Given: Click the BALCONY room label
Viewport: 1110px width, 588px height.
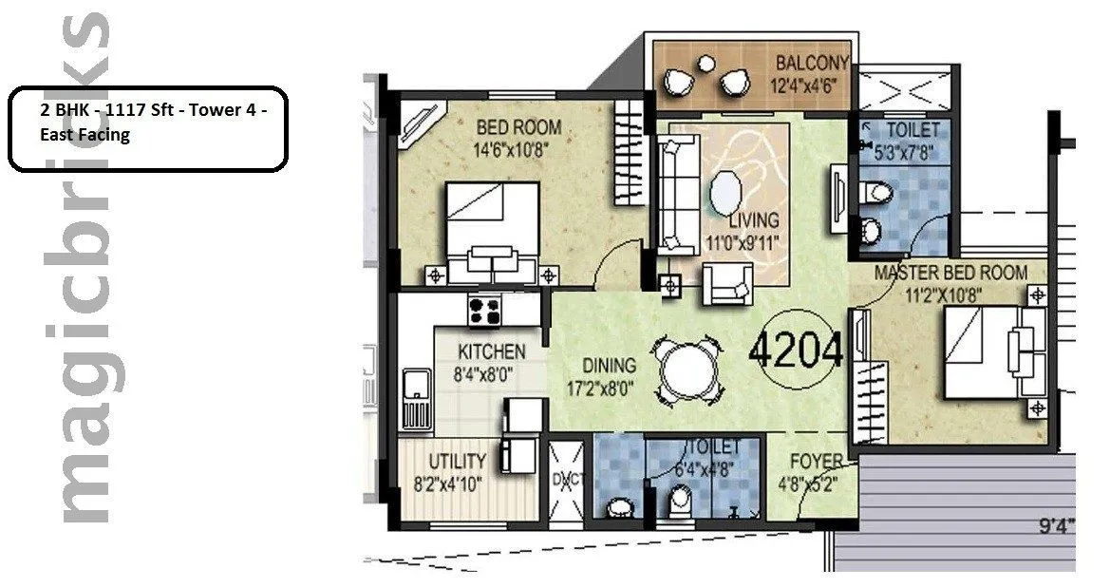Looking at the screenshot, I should [811, 64].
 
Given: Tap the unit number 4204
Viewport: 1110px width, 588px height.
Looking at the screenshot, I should [796, 351].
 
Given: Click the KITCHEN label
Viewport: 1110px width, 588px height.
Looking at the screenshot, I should [491, 351].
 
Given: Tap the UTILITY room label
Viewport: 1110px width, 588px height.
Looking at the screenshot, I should [457, 462].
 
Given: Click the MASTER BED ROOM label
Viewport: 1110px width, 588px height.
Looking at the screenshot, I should [950, 273].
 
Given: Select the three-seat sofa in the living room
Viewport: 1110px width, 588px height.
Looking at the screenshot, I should [678, 190].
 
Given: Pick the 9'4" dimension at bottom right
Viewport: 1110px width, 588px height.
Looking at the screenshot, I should [1055, 522].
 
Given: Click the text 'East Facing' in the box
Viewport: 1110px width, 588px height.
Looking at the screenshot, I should [85, 135].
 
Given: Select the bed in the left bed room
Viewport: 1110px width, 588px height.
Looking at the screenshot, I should [492, 231].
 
